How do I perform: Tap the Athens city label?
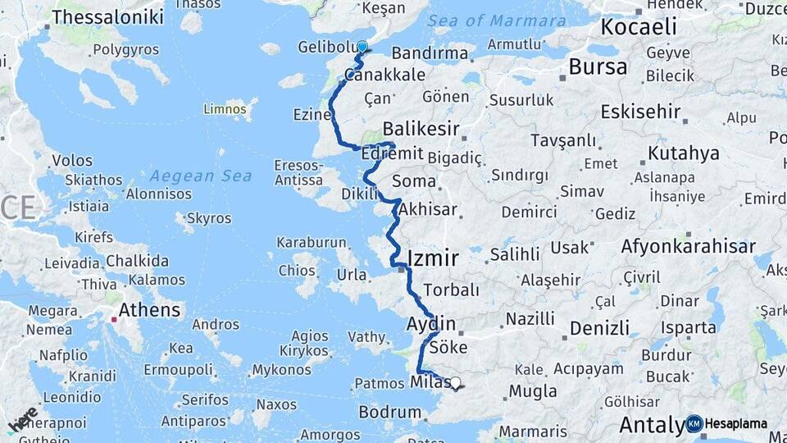coord(149,310)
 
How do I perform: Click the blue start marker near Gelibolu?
coord(362,47)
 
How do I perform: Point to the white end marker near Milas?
coord(455,382)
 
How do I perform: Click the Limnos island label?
coord(225,109)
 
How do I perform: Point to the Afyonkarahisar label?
coord(688,246)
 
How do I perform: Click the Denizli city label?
coord(599,328)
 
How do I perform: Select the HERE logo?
coord(23,420)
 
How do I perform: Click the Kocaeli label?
coord(639,26)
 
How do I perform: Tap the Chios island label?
coord(297,270)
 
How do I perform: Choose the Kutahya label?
coord(683,153)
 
